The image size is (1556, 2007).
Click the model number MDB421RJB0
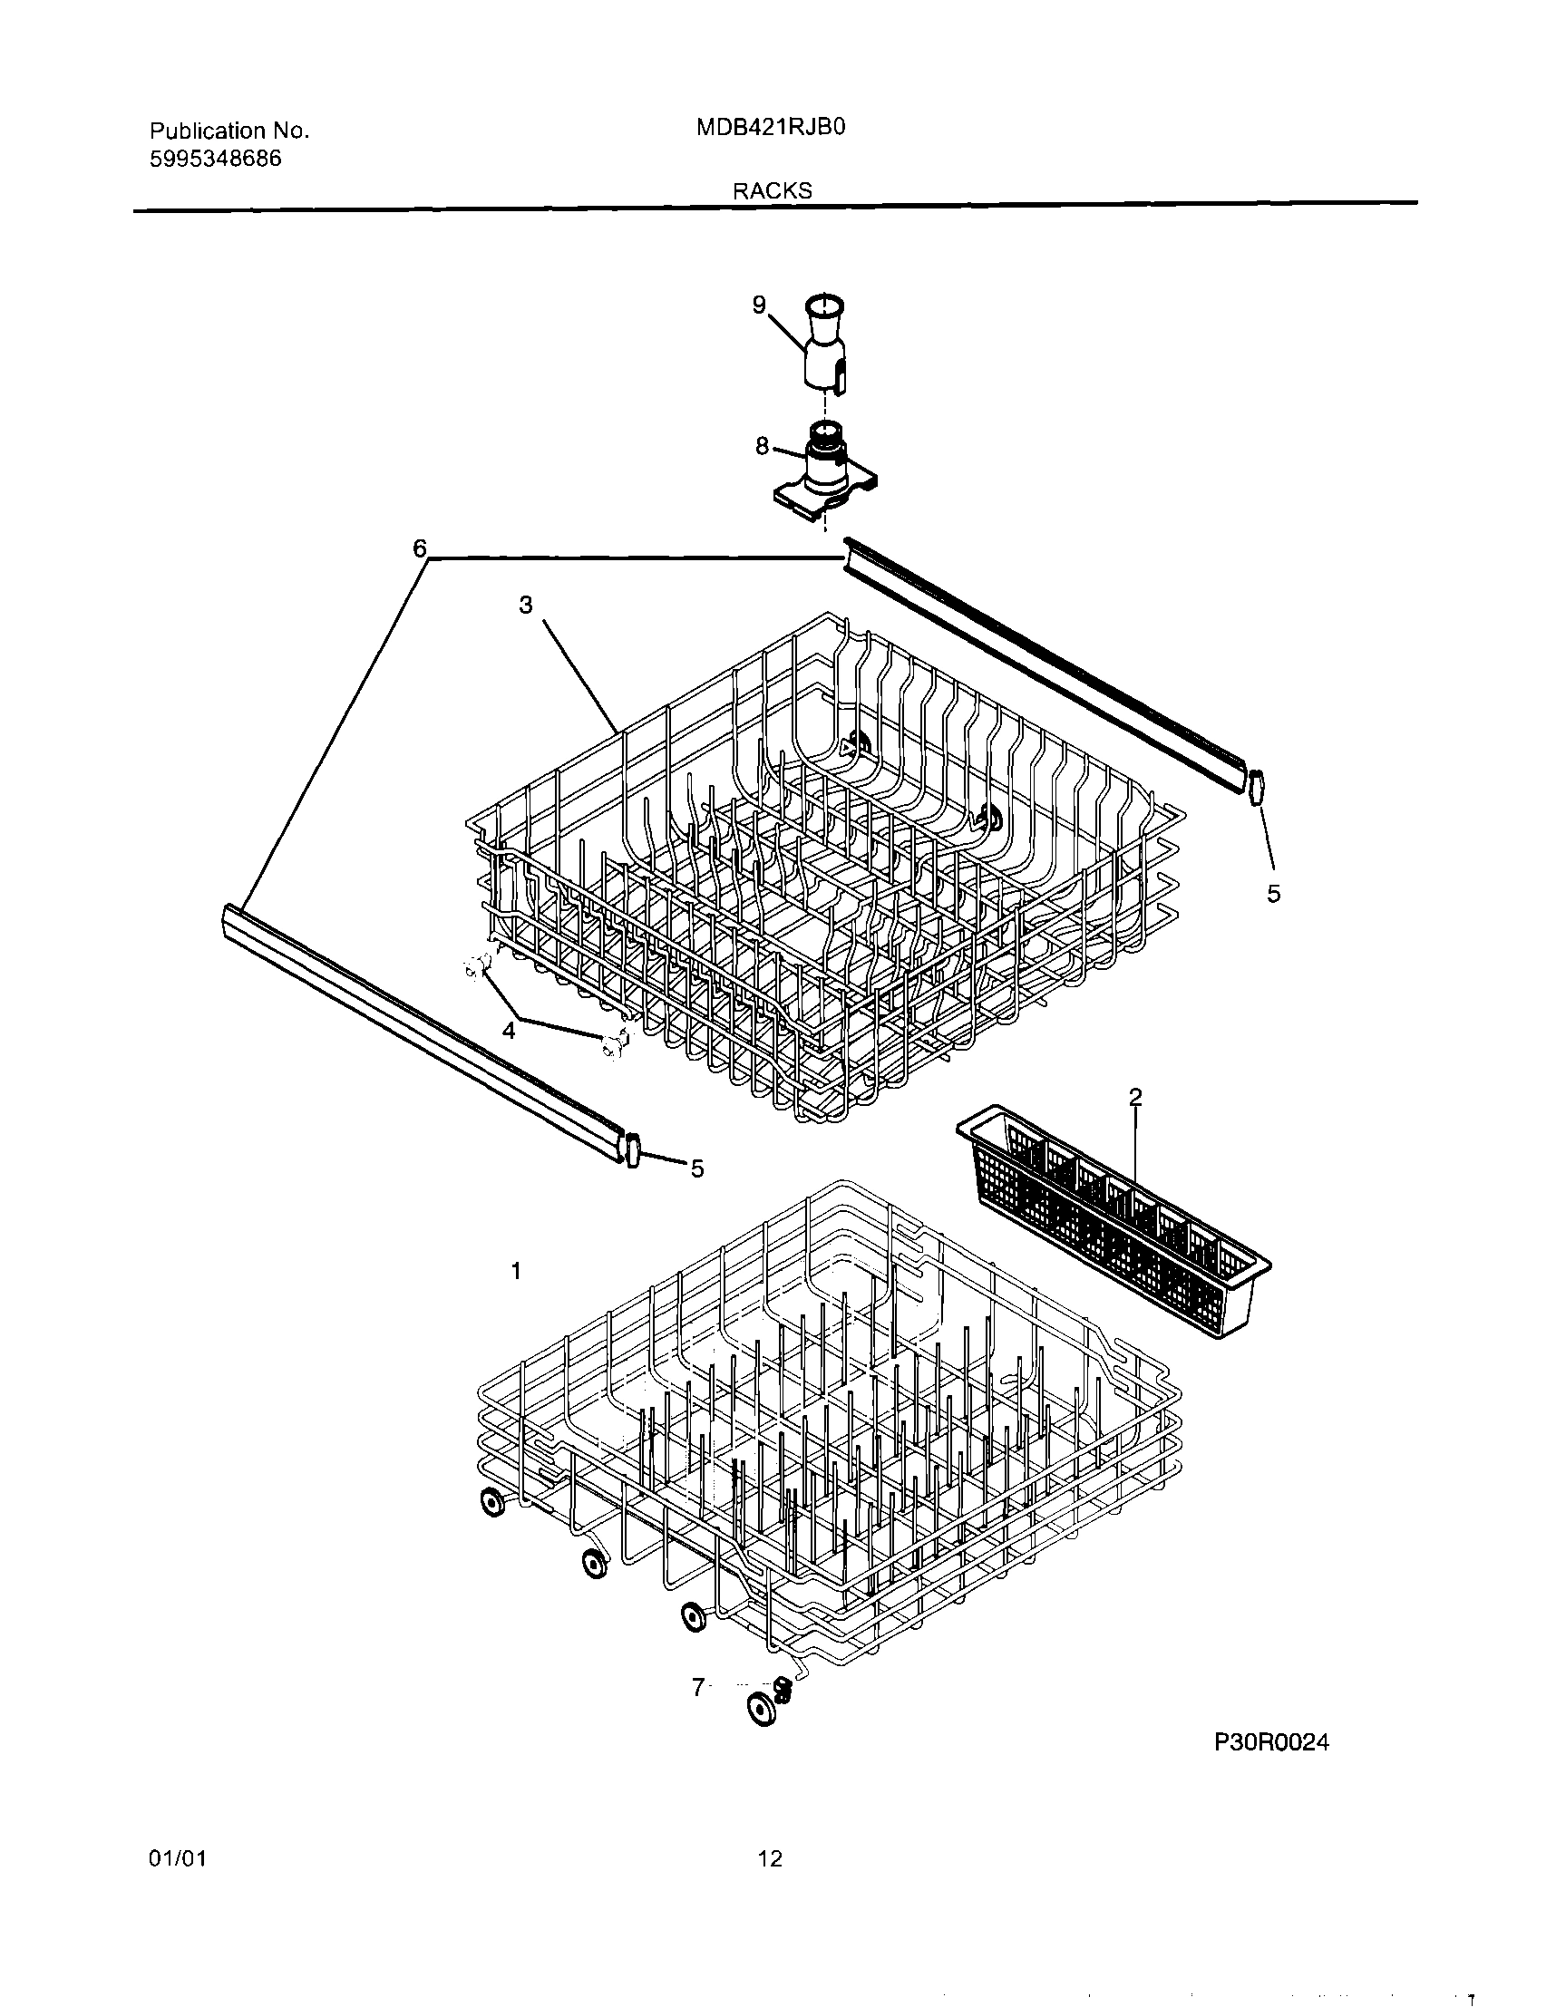[x=770, y=128]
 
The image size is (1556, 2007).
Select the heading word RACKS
[x=772, y=190]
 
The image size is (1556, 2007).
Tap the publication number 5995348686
[x=215, y=159]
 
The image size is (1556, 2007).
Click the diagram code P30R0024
[x=1272, y=1742]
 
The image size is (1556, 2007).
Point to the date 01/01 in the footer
[x=178, y=1859]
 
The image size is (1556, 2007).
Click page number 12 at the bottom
[x=770, y=1859]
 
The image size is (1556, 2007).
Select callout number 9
[x=759, y=305]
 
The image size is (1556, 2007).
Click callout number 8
[x=762, y=446]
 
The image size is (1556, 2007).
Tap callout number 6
[x=419, y=548]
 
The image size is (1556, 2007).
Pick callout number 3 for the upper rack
[x=526, y=605]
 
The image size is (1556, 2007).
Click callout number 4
[x=509, y=1030]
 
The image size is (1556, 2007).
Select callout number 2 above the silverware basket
[x=1135, y=1096]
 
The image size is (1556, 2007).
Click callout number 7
[x=698, y=1687]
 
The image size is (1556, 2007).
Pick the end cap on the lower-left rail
[x=631, y=1149]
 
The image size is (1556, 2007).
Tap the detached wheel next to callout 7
[x=761, y=1710]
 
